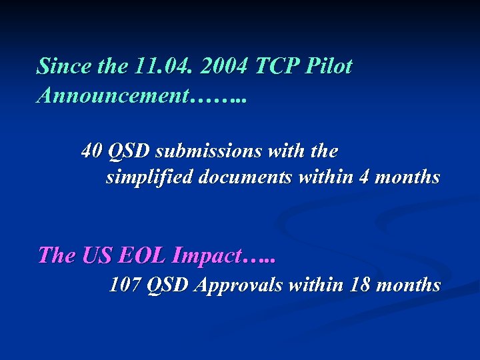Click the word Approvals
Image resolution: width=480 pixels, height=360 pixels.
pos(237,286)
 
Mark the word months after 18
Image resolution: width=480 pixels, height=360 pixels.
pos(408,285)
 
